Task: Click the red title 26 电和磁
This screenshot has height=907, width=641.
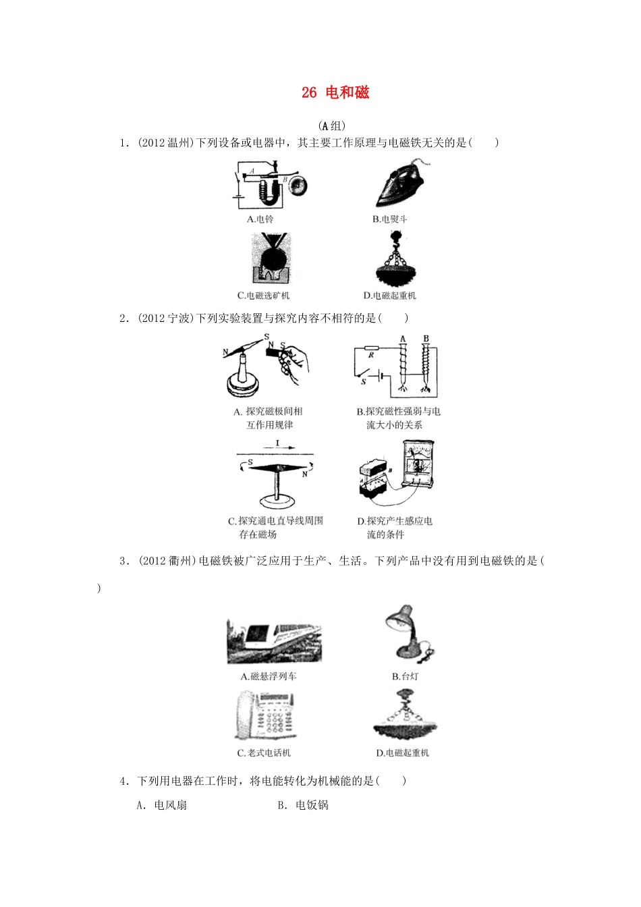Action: pos(335,93)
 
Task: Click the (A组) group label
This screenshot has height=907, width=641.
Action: pos(331,126)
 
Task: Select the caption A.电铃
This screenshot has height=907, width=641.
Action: pos(260,219)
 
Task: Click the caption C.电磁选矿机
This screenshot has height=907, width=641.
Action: pos(263,296)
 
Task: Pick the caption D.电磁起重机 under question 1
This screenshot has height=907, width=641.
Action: pos(389,296)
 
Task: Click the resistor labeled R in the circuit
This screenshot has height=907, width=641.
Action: pos(371,349)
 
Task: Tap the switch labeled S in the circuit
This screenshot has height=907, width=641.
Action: pos(366,375)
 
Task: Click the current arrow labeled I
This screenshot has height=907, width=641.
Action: pos(277,445)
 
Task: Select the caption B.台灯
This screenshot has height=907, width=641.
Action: pos(406,676)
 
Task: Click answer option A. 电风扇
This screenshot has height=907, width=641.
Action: pos(162,805)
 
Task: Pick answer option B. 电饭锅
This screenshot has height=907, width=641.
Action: pos(303,805)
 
